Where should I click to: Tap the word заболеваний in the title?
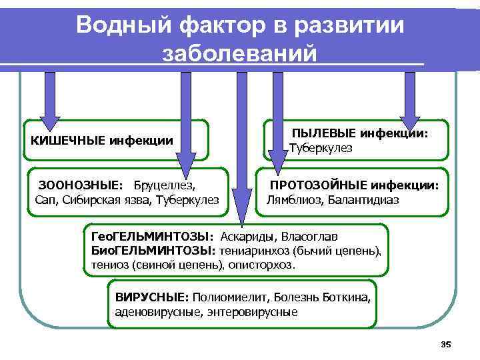click(239, 53)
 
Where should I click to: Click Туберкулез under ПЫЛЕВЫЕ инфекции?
click(321, 147)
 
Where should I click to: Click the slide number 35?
click(446, 344)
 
